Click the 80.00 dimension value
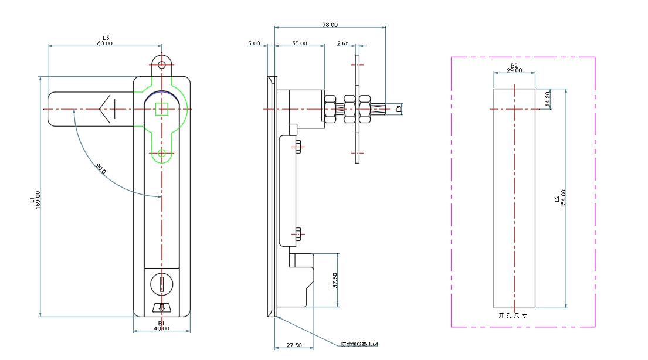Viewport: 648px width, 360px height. point(105,43)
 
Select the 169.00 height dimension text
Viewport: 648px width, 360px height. point(38,201)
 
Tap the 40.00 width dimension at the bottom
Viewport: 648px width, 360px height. point(162,328)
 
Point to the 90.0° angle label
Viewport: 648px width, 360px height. point(102,169)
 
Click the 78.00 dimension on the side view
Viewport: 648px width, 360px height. point(330,25)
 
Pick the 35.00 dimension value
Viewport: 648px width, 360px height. point(299,43)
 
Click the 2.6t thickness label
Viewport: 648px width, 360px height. point(342,43)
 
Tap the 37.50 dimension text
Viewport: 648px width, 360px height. point(335,280)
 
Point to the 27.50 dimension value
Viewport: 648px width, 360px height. point(294,345)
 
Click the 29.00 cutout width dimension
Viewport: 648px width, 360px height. point(514,70)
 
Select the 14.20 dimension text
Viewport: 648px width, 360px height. point(548,99)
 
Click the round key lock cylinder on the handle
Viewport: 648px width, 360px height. point(161,284)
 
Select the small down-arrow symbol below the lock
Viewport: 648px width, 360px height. point(161,308)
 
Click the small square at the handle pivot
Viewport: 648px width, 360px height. point(161,109)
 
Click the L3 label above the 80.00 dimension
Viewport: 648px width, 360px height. point(106,38)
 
